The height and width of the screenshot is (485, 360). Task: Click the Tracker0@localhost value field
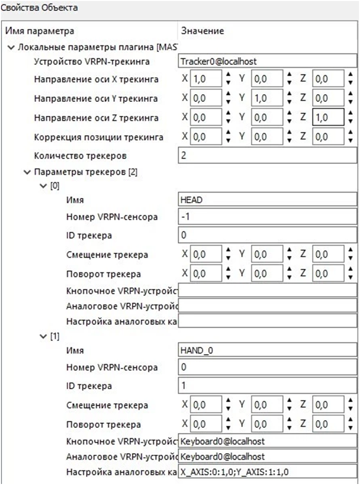click(267, 61)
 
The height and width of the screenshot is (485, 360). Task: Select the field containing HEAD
click(267, 200)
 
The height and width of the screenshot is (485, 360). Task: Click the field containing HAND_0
click(267, 350)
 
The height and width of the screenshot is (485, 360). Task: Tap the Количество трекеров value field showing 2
click(267, 155)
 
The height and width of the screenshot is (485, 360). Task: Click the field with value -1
click(267, 217)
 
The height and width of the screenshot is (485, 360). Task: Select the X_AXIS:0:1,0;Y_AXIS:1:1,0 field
click(267, 472)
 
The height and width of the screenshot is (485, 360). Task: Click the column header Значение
click(202, 31)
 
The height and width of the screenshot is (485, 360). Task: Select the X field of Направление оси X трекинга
click(205, 80)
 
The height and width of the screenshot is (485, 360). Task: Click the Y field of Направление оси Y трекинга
click(266, 98)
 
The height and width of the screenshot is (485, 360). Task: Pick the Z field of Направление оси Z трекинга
click(328, 118)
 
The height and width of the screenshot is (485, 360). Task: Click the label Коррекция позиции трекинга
click(98, 137)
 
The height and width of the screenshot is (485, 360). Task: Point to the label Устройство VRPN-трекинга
click(92, 62)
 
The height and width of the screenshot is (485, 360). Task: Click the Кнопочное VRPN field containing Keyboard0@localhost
click(267, 441)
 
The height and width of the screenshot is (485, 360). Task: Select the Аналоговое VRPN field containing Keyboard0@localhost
click(267, 457)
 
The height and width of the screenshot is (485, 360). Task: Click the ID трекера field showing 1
click(267, 386)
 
